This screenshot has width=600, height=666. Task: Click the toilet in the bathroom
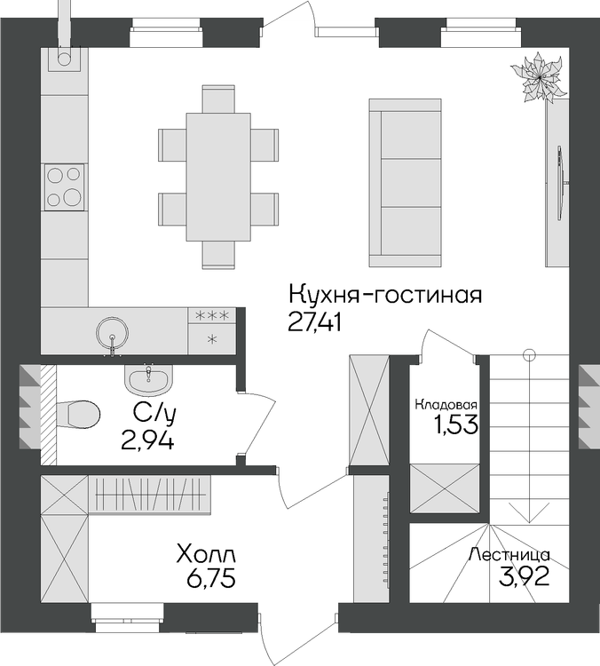[78, 414]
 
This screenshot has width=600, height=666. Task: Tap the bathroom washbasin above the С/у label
[148, 379]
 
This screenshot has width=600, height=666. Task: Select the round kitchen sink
[112, 333]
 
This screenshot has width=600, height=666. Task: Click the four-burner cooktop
[64, 186]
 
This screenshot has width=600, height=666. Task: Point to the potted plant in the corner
[540, 78]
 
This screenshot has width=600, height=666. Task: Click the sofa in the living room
[405, 183]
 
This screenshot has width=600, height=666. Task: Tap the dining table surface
[218, 177]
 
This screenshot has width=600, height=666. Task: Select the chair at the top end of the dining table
[218, 99]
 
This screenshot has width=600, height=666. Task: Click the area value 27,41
[314, 323]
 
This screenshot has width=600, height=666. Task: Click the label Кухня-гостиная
[385, 294]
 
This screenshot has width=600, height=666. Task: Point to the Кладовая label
[446, 404]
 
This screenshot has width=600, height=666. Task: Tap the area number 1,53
[456, 424]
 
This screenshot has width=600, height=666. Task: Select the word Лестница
[509, 555]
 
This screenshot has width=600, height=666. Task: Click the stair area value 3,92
[524, 576]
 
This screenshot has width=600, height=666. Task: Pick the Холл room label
[206, 555]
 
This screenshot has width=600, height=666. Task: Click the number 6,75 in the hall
[210, 578]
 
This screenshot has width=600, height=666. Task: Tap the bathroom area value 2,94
[147, 440]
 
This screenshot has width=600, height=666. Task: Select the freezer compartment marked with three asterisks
[212, 315]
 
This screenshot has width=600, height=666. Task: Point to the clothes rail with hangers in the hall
[150, 495]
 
